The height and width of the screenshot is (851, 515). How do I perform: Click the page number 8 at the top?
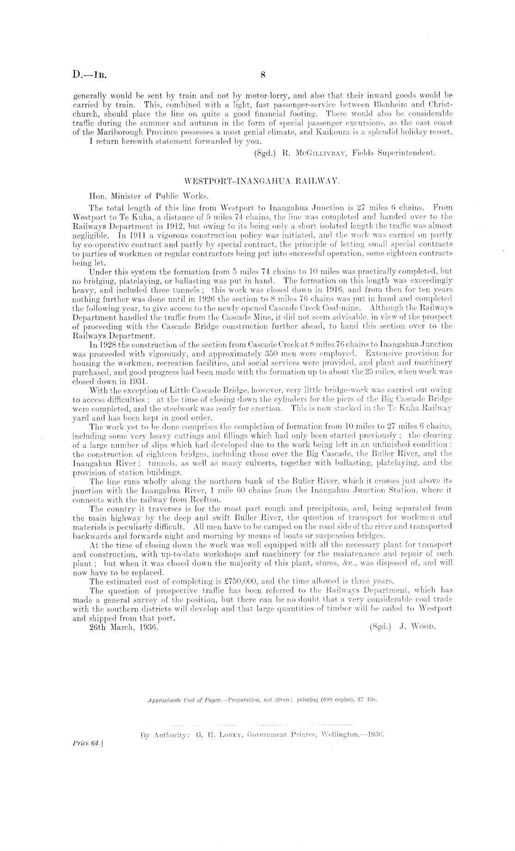pyautogui.click(x=263, y=74)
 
